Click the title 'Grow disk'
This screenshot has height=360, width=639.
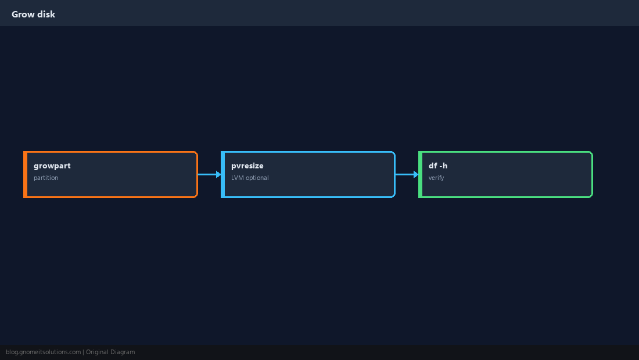tap(34, 15)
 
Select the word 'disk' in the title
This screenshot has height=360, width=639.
tap(46, 15)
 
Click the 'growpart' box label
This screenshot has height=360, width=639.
tap(52, 166)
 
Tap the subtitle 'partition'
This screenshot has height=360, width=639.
tap(46, 178)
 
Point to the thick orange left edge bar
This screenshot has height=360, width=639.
tap(25, 175)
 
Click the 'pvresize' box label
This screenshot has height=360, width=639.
tap(247, 166)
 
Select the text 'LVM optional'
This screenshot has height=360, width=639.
tap(250, 178)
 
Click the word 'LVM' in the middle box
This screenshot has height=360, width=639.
tap(238, 178)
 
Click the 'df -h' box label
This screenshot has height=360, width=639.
tap(438, 165)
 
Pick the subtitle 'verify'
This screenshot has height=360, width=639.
tap(436, 178)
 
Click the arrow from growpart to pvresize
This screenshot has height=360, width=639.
tap(210, 175)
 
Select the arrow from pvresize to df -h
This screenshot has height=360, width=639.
tap(407, 175)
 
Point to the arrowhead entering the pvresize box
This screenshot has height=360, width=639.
tap(219, 175)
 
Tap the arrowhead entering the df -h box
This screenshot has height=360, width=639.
tap(417, 175)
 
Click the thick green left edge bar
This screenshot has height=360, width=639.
tap(420, 175)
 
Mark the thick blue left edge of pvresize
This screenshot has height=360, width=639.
tap(223, 175)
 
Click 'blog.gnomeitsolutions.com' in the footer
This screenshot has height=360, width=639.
tap(43, 352)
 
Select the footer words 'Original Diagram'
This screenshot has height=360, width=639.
tap(110, 352)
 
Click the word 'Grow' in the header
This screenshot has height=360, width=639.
tap(23, 15)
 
